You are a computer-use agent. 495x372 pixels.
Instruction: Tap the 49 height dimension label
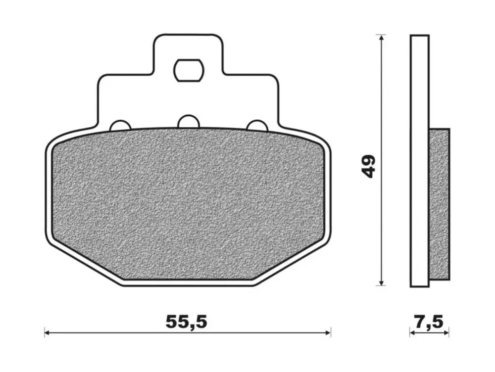pyautogui.click(x=369, y=166)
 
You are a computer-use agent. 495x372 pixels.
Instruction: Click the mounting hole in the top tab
pyautogui.click(x=189, y=70)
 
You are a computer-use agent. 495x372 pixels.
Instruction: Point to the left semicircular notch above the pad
pyautogui.click(x=120, y=126)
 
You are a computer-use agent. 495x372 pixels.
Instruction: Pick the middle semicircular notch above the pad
pyautogui.click(x=189, y=122)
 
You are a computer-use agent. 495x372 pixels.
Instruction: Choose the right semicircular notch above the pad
pyautogui.click(x=257, y=126)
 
